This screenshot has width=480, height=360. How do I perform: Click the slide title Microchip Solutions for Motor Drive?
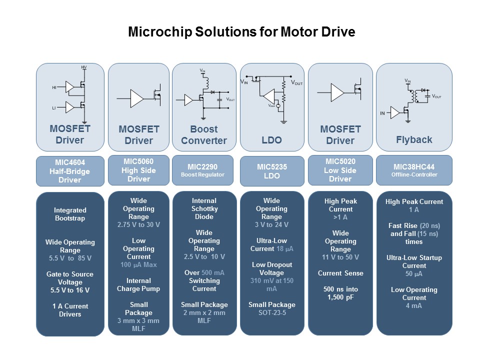coord(241,32)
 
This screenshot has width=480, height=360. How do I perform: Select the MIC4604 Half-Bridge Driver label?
coord(70,171)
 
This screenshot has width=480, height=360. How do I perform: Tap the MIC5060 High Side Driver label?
coord(138,170)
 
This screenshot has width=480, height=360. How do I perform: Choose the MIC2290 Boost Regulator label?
coord(204,170)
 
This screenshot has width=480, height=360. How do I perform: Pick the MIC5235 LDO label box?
coord(271,171)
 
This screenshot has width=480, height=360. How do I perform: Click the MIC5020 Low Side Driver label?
coord(340,170)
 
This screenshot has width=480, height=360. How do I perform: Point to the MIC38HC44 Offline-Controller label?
coord(414,170)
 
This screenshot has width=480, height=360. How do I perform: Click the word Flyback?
coord(414,139)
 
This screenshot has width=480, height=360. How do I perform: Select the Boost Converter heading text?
coord(204,135)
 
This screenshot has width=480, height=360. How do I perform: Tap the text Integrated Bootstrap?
coord(70,214)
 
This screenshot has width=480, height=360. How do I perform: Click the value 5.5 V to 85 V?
coord(70,258)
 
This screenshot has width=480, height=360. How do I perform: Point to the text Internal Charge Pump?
coord(138,284)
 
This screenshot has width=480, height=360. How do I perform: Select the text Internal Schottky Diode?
coord(204,208)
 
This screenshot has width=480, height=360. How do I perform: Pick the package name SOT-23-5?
coord(271,312)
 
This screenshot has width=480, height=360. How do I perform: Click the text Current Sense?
coord(340,273)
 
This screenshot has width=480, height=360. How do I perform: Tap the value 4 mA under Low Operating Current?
coord(414,305)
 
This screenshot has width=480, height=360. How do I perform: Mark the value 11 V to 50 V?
coord(340,257)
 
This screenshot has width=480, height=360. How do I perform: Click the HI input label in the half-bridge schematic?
coord(54,87)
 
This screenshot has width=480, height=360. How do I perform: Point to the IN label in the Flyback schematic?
coord(382,113)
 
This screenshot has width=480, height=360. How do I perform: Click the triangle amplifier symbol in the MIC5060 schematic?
coord(136,98)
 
